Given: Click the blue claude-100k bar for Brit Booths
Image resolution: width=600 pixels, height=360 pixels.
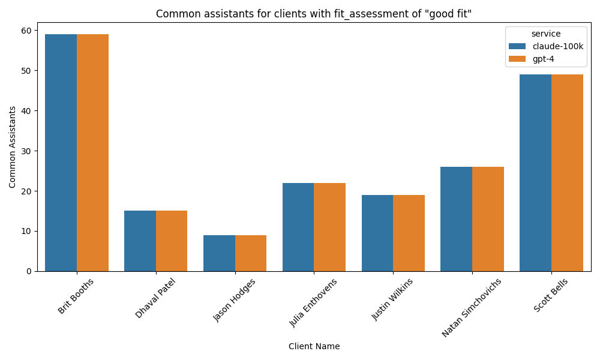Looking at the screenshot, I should [61, 153].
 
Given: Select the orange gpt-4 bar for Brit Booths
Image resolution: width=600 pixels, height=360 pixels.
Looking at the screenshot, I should [92, 153].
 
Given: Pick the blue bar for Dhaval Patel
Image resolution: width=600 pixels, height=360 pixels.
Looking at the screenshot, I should [140, 241].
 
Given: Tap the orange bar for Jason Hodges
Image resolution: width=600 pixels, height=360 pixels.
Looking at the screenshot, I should [251, 253].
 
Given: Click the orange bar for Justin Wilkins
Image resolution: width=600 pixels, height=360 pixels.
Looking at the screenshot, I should [409, 233].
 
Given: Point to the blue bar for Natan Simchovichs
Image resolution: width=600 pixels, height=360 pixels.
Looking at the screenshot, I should [456, 219].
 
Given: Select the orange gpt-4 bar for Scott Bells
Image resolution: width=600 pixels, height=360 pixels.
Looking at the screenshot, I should [567, 173].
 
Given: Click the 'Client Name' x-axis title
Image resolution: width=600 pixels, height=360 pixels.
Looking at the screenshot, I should [314, 346].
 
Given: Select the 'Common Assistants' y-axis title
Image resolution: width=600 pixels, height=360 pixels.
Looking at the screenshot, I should [13, 147].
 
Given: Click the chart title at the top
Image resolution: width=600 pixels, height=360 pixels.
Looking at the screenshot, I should [314, 14].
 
